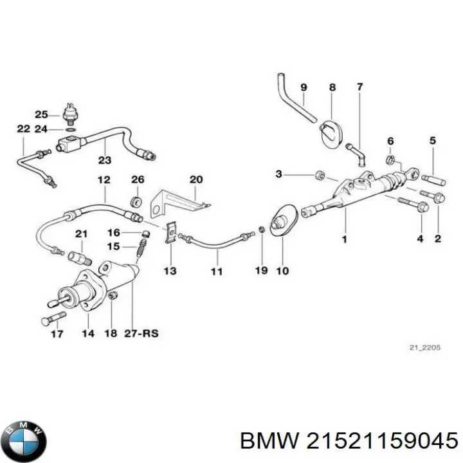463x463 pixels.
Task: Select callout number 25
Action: point(41,114)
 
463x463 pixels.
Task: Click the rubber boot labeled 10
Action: point(281,222)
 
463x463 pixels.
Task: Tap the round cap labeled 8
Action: point(332,133)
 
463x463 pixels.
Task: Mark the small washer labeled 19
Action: point(261,230)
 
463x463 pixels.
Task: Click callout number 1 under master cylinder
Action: point(344,241)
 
